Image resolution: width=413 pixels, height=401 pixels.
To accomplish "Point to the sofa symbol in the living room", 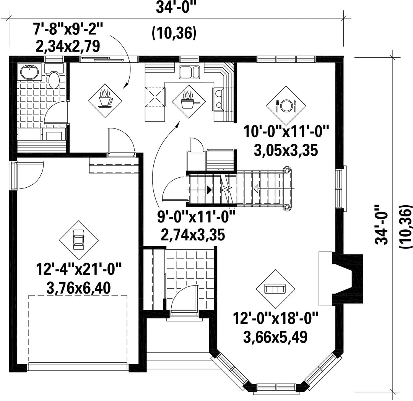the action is click(275, 289).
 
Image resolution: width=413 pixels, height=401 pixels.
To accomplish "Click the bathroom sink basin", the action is click(30, 71).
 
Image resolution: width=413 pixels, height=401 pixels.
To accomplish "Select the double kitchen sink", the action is click(189, 72).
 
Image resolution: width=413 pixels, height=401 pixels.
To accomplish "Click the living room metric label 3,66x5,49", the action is click(275, 337).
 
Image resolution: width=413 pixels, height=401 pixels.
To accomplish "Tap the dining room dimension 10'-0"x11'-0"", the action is click(286, 132).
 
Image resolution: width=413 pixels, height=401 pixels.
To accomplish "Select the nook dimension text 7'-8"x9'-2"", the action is click(68, 29).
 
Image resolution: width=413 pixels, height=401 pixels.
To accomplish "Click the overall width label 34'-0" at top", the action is click(176, 7).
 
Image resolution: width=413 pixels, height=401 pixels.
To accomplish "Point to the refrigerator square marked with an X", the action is click(155, 96).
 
